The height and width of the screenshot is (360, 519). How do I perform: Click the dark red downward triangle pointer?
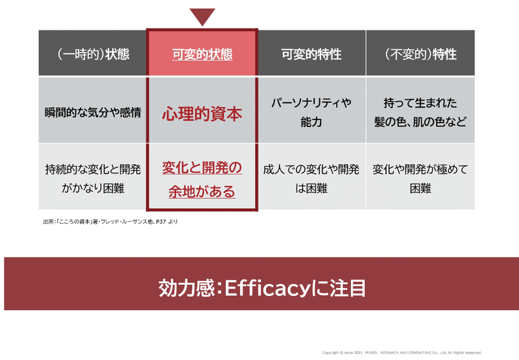click(x=202, y=16)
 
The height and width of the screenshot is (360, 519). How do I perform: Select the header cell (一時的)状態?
click(x=93, y=53)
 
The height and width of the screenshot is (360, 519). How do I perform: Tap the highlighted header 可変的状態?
click(x=202, y=53)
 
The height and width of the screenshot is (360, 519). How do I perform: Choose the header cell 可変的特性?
click(x=311, y=53)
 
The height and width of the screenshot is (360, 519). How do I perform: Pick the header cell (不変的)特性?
click(x=420, y=53)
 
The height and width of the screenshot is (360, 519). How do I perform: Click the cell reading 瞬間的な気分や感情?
click(x=93, y=112)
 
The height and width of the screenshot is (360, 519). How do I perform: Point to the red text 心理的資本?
click(x=202, y=114)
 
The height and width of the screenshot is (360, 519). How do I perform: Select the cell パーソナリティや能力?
click(x=311, y=112)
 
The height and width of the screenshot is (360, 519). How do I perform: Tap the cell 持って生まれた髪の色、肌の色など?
click(x=420, y=112)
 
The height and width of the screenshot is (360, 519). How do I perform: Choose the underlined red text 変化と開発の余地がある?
click(x=202, y=179)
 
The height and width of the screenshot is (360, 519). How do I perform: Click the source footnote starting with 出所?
click(x=110, y=222)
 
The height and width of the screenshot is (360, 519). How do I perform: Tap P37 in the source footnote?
click(x=161, y=222)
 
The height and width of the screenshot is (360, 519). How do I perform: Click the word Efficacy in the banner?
click(x=267, y=288)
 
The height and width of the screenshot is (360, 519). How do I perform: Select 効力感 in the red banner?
click(x=187, y=288)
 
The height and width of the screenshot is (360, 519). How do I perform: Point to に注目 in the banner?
click(x=338, y=288)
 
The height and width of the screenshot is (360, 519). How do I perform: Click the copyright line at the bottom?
click(x=402, y=353)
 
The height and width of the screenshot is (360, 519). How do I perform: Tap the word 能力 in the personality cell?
click(x=311, y=122)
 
